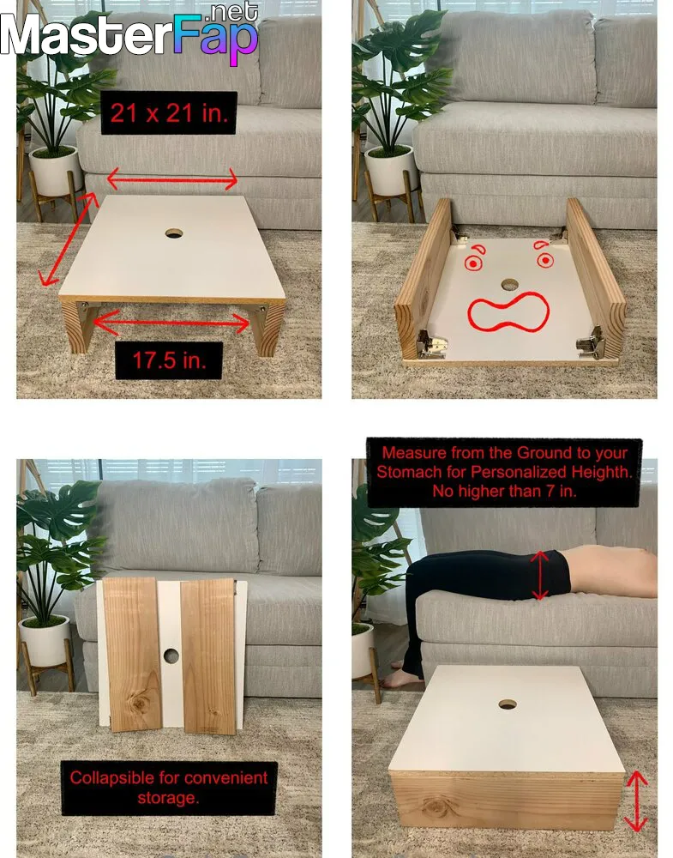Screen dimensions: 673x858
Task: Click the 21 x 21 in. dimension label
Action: click(169, 113)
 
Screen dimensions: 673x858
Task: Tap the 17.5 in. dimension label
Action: click(169, 360)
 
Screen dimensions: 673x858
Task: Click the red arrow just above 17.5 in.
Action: click(171, 323)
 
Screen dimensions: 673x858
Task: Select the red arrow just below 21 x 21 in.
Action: click(172, 179)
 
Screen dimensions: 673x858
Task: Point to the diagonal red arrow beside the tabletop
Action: click(67, 239)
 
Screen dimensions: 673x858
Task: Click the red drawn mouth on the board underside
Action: click(508, 312)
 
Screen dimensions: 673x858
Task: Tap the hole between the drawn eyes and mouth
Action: click(509, 285)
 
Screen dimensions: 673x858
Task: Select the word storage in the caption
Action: click(168, 798)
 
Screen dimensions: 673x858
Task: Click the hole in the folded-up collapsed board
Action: click(171, 656)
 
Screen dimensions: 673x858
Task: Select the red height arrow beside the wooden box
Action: click(636, 801)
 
